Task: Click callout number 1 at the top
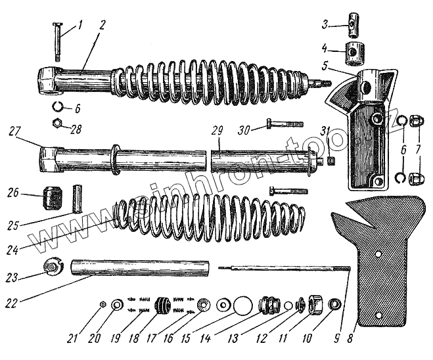point(80,26)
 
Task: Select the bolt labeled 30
point(285,123)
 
